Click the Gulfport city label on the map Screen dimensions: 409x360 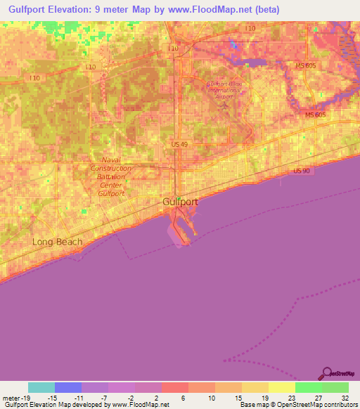(x=181, y=201)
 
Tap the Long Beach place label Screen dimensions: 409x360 (x=57, y=242)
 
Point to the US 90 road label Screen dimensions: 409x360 (x=302, y=171)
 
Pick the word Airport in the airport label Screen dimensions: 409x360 (x=224, y=96)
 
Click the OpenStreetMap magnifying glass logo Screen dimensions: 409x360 (x=326, y=373)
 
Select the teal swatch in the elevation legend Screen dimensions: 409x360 (x=41, y=387)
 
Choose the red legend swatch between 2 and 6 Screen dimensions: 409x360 (x=174, y=387)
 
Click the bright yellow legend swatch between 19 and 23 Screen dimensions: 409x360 (x=281, y=387)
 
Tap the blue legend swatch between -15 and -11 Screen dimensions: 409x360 (x=67, y=387)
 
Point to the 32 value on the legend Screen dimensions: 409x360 (x=345, y=398)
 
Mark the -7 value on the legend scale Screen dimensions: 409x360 (x=103, y=398)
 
